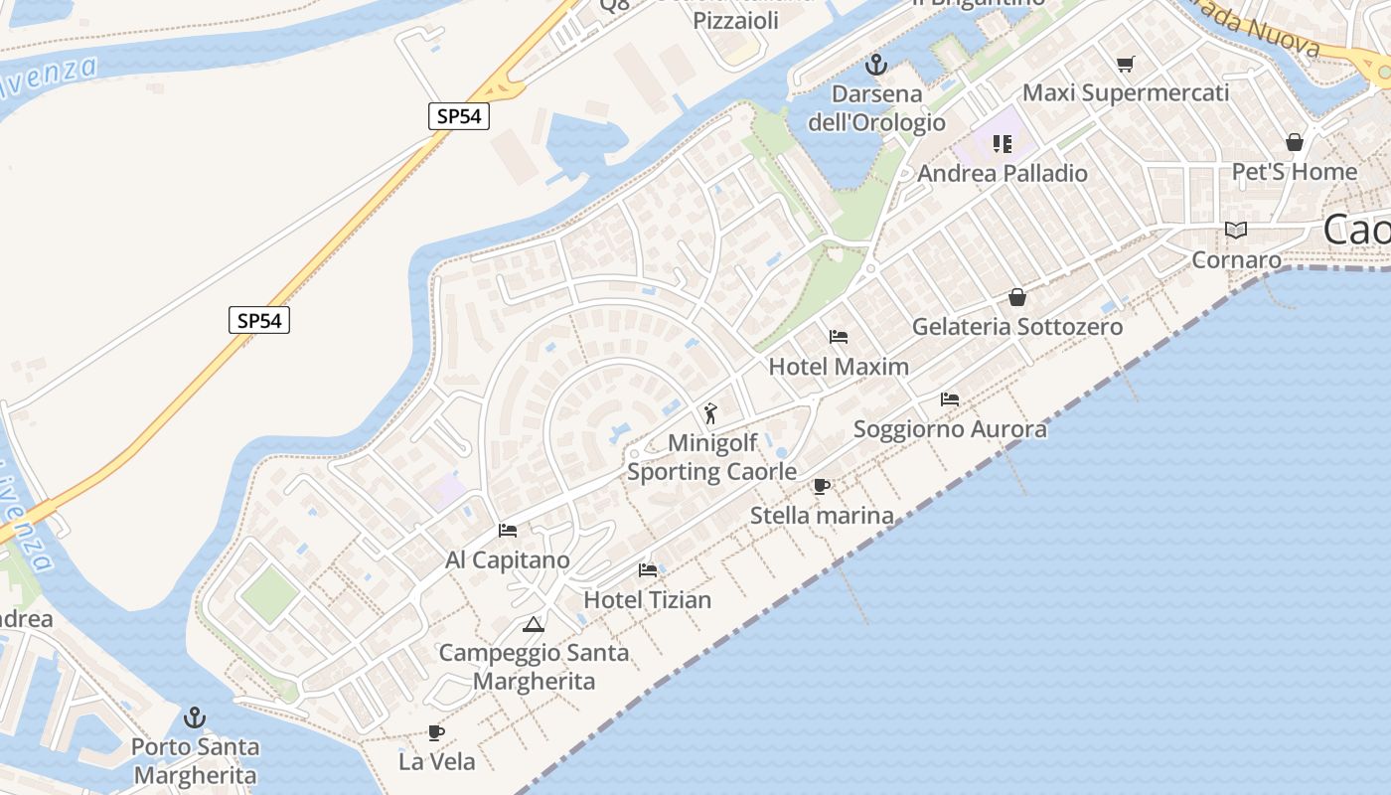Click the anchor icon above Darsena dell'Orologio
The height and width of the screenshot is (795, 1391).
tap(875, 66)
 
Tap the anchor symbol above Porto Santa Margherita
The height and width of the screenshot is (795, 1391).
tap(196, 717)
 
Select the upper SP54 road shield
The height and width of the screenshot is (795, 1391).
tap(459, 116)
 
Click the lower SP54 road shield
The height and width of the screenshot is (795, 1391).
tap(259, 320)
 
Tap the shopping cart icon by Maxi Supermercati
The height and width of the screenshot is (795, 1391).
tap(1125, 65)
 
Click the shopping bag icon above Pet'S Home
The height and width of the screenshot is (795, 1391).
tap(1294, 142)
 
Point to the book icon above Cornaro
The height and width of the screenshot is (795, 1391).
tap(1236, 231)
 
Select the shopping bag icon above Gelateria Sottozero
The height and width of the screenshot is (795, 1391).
tap(1017, 297)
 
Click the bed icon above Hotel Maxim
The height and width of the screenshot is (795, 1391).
tap(839, 337)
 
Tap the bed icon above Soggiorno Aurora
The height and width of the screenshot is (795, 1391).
tap(950, 399)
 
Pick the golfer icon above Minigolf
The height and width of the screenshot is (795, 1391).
tap(710, 412)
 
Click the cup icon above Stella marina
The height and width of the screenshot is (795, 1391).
tap(822, 486)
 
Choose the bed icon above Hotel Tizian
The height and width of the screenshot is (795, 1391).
tap(648, 570)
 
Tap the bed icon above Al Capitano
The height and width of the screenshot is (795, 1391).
tap(508, 531)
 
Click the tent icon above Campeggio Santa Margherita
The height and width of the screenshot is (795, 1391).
tap(534, 624)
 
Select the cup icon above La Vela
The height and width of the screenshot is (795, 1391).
tap(436, 732)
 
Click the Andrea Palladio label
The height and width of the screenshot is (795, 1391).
tap(1002, 173)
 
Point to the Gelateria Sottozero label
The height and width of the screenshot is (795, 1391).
tap(1017, 326)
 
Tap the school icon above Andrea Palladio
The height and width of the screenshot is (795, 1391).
tap(1002, 144)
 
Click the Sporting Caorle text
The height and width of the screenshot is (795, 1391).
tap(711, 471)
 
